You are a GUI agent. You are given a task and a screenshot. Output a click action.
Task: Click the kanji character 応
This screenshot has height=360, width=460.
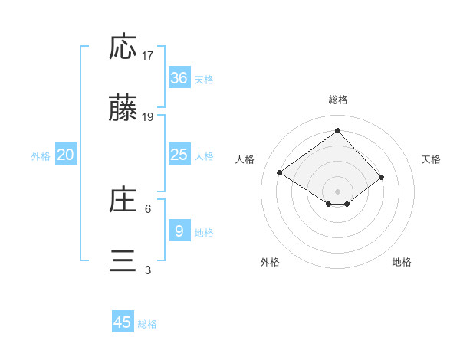(123, 47)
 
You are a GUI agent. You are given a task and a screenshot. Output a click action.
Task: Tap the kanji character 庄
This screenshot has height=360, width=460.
(123, 200)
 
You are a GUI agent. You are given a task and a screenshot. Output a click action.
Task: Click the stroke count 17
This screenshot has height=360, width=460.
(148, 55)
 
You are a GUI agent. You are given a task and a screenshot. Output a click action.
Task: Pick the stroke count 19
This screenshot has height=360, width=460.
(148, 117)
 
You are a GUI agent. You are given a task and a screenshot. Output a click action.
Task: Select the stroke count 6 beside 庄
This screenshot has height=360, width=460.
(148, 208)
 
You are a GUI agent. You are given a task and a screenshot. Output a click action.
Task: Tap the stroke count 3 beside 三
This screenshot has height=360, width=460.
(148, 270)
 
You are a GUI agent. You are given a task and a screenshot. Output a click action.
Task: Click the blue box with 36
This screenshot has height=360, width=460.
(179, 78)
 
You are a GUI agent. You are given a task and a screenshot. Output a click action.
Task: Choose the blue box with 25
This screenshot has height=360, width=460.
(179, 155)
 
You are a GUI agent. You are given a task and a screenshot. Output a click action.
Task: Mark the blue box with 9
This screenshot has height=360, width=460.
(179, 231)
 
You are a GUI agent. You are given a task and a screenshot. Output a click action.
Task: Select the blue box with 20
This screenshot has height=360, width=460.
(66, 155)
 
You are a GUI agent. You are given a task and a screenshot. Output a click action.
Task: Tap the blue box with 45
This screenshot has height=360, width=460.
(123, 322)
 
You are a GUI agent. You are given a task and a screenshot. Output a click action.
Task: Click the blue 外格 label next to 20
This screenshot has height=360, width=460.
(41, 155)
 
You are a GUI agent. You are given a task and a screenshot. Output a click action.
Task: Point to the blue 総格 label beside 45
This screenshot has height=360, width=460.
(147, 324)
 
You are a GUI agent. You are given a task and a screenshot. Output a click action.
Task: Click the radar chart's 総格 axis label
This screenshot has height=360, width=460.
(337, 100)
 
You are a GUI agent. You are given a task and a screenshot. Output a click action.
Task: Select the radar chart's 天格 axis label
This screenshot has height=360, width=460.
(432, 159)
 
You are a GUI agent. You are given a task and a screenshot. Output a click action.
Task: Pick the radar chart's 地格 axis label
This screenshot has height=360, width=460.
(402, 262)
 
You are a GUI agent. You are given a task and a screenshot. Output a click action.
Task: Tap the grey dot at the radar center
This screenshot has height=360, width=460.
(337, 191)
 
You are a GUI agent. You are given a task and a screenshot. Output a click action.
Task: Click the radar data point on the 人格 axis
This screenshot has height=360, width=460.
(280, 173)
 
